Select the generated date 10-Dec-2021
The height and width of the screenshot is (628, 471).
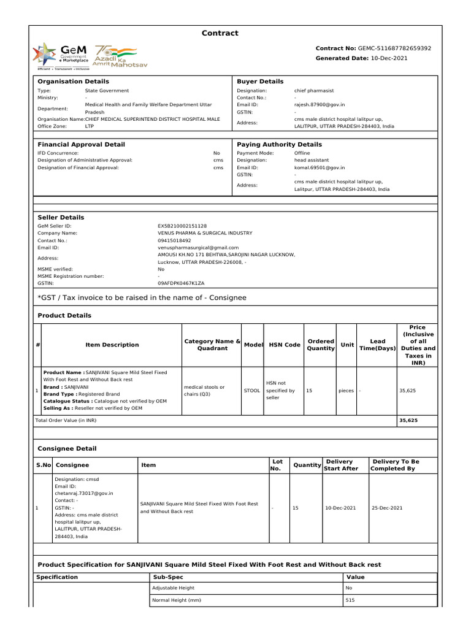click(389, 58)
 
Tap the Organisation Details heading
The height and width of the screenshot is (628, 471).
click(74, 82)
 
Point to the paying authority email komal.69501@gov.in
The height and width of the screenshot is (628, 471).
click(319, 167)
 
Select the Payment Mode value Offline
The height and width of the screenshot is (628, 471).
click(302, 153)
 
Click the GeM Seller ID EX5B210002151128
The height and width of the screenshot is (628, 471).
click(182, 226)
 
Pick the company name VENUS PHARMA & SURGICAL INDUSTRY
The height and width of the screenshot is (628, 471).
click(205, 234)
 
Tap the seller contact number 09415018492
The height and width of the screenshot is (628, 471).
click(174, 241)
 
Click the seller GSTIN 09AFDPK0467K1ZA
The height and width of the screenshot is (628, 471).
click(181, 284)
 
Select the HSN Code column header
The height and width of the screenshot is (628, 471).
click(285, 345)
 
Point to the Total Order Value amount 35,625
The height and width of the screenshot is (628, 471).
click(408, 421)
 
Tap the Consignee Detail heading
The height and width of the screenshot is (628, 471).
click(67, 449)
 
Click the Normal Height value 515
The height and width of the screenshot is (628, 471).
click(350, 600)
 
